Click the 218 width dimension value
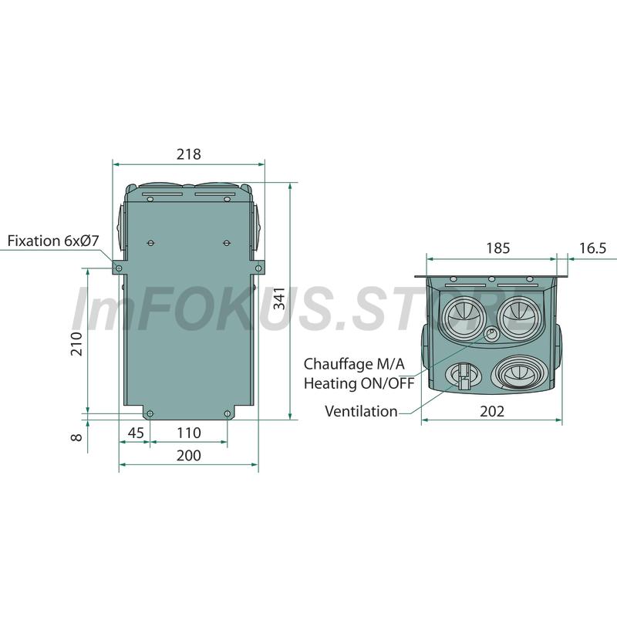click(188, 153)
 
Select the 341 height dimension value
click(279, 298)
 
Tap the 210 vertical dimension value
click(76, 344)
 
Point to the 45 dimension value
click(136, 433)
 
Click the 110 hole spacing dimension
click(189, 433)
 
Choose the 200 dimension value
click(188, 455)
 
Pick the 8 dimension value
click(76, 437)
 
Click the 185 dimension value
click(497, 248)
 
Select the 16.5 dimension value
click(592, 248)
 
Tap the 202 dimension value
click(492, 411)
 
